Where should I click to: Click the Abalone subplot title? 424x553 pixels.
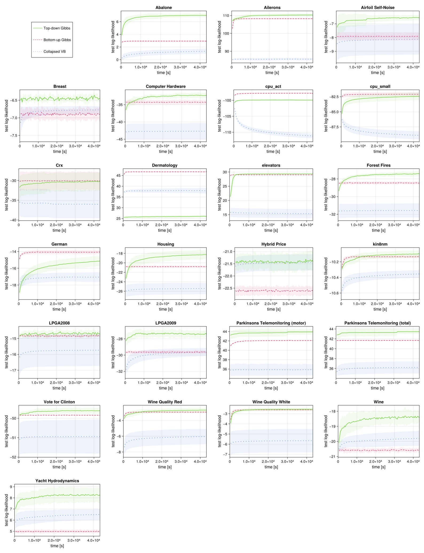[163, 7]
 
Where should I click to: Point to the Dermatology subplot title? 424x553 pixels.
[164, 165]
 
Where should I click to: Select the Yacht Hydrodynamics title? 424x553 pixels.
[57, 481]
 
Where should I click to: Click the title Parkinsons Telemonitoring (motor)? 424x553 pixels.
[271, 323]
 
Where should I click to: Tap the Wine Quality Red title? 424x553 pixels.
[165, 402]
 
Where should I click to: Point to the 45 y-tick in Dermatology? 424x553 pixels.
[118, 175]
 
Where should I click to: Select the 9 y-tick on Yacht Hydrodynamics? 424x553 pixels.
[11, 487]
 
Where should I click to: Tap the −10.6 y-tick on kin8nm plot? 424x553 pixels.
[333, 293]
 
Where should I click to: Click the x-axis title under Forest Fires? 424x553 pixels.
[378, 230]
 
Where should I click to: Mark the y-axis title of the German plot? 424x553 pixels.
[6, 273]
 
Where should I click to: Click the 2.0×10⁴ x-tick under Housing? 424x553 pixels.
[163, 304]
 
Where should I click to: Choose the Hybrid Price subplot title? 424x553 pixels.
[273, 244]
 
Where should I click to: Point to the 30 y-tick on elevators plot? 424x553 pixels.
[225, 172]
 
